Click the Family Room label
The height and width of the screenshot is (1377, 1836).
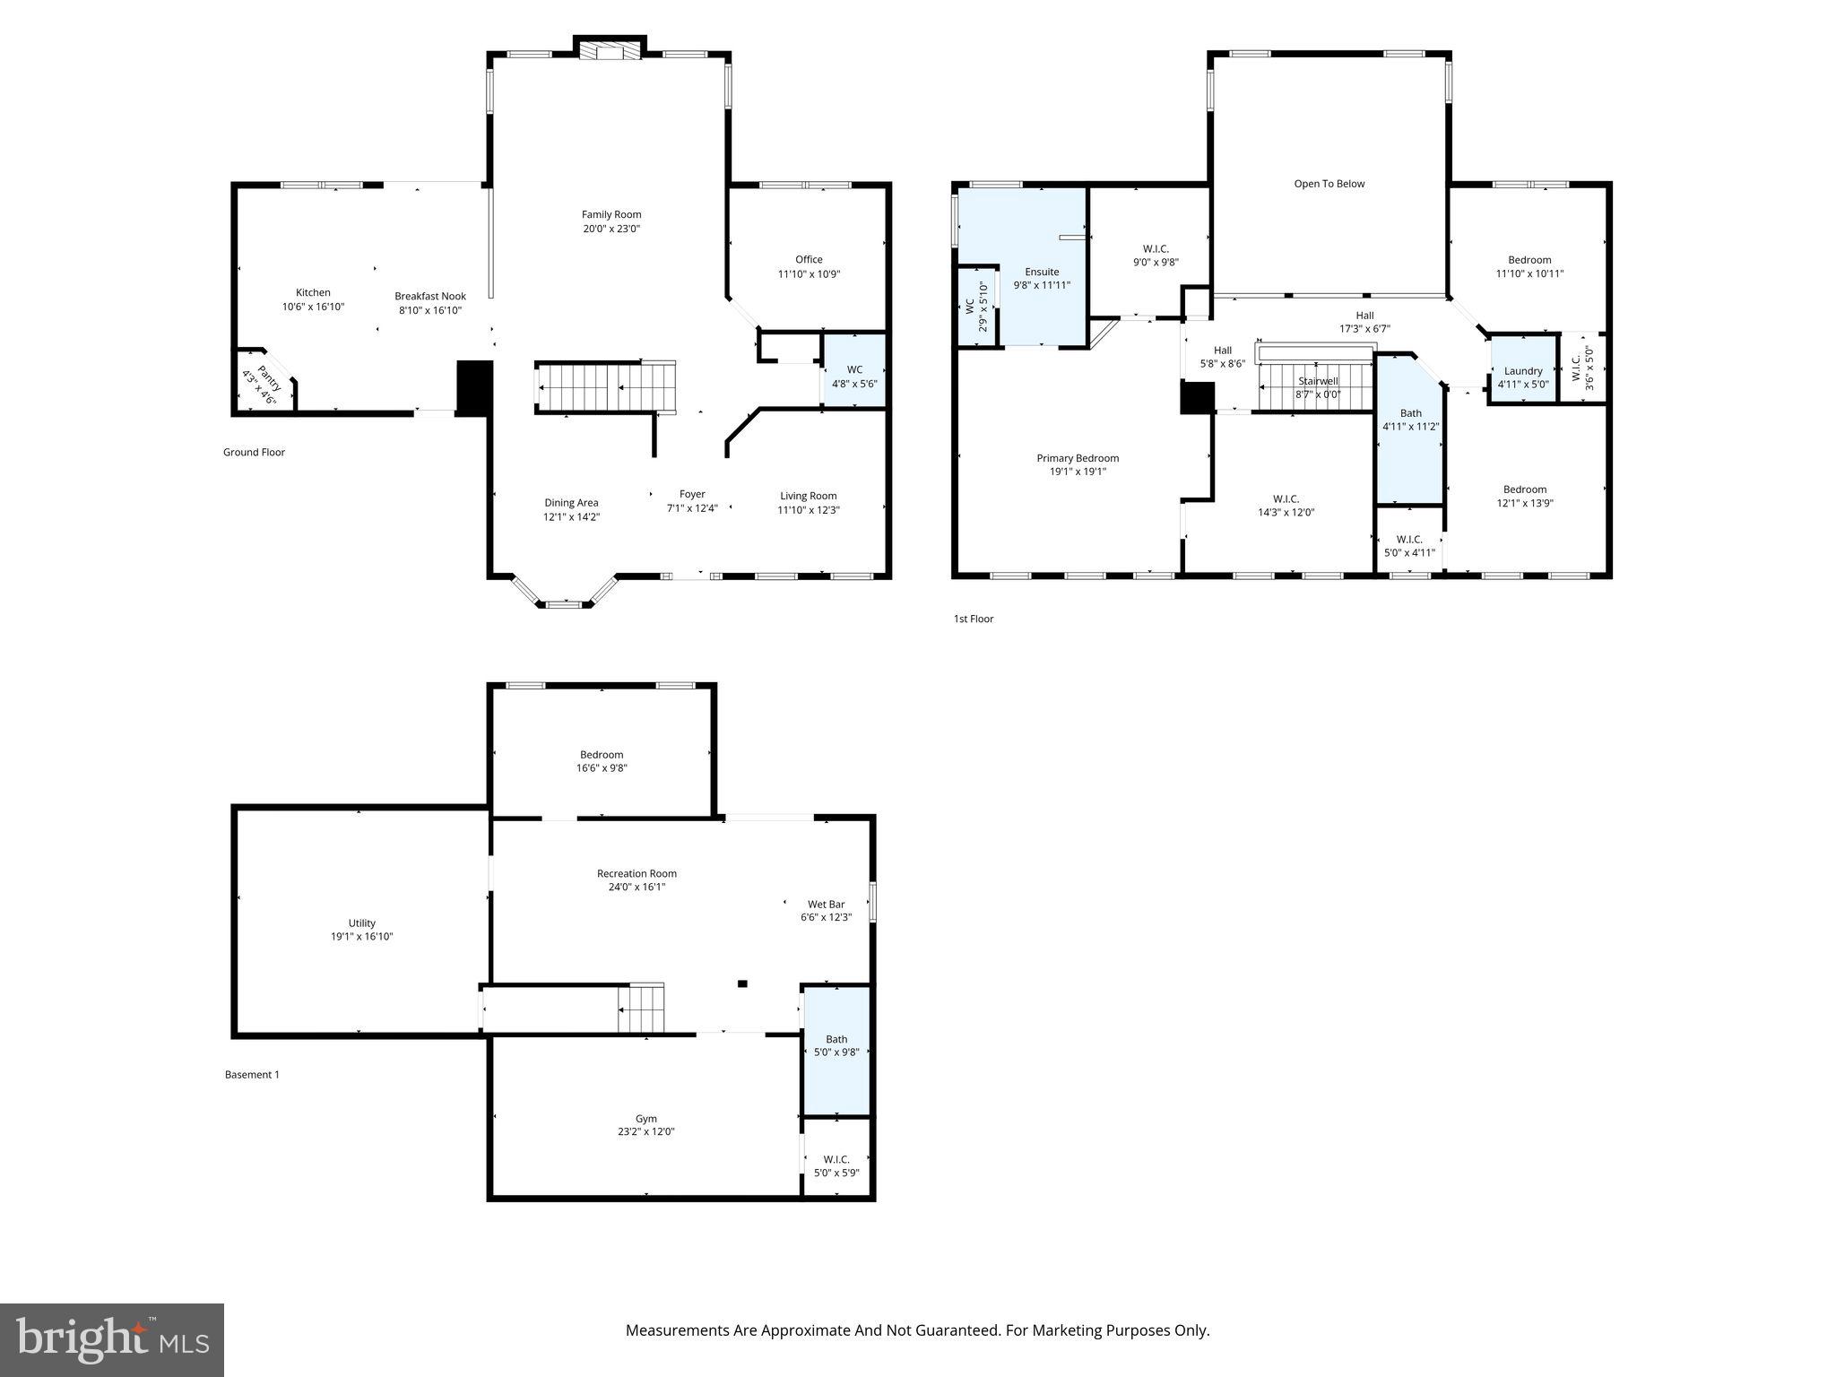coord(611,214)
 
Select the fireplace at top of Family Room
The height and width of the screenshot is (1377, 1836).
coord(610,50)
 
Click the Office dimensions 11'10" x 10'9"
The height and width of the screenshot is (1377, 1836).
coord(809,274)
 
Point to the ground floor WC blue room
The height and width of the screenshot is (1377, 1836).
coord(854,370)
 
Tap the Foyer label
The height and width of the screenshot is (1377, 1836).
coord(692,494)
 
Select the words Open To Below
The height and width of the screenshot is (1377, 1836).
coord(1329,184)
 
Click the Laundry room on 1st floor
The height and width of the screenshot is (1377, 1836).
coord(1522,370)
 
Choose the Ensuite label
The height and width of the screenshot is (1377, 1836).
coord(1042,272)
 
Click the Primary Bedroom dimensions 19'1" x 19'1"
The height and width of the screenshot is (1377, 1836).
coord(1078,472)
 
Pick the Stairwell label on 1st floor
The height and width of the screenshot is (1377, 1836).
coord(1317,381)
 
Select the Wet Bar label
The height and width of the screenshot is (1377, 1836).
coord(826,905)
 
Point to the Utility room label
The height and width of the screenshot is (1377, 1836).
coord(362,922)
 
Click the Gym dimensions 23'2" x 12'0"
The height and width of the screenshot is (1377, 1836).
coord(645,1131)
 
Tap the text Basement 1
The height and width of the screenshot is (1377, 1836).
coord(252,1074)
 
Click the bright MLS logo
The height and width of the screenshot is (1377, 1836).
coord(112,1340)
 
